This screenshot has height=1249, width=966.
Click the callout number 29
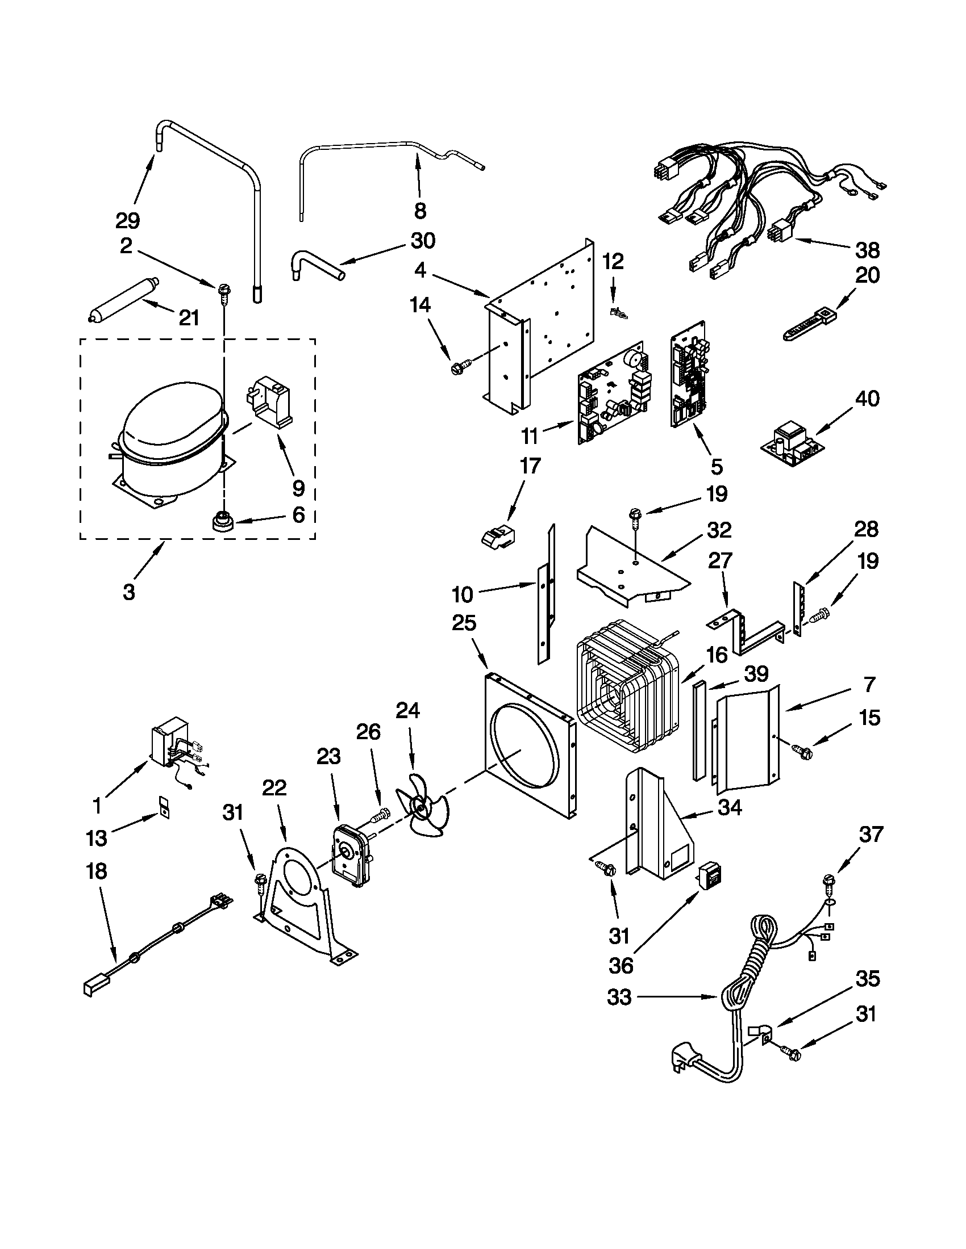pos(127,220)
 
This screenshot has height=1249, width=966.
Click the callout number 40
pos(867,398)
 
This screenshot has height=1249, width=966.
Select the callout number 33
pos(619,997)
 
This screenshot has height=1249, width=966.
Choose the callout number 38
pos(867,250)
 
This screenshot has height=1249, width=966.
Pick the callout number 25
pos(464,623)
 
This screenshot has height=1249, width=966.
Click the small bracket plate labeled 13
pos(165,807)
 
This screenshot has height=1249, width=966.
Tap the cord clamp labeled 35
pos(761,1034)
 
